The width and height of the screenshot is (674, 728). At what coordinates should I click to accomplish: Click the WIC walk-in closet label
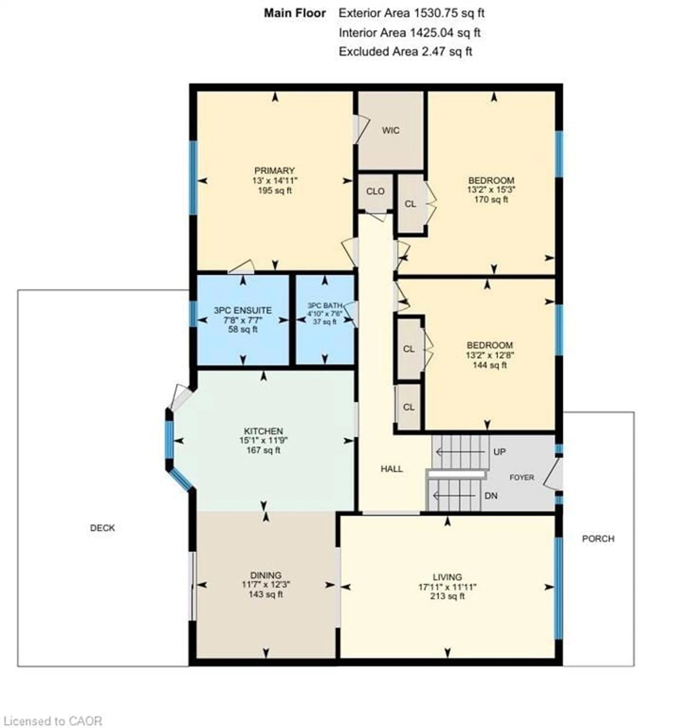tap(391, 131)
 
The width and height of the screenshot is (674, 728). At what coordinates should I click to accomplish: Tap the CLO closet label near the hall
tap(375, 191)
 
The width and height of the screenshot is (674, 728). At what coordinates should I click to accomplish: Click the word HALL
tap(392, 469)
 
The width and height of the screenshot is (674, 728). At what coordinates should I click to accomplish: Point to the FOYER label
tap(521, 477)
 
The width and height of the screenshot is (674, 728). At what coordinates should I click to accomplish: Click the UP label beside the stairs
tap(499, 452)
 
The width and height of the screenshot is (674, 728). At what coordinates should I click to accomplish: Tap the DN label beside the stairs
tap(491, 496)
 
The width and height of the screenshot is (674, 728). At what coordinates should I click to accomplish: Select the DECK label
tap(103, 528)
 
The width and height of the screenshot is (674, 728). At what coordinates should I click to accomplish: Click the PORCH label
tap(598, 539)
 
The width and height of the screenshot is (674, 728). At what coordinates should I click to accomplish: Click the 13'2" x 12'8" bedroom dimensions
tap(490, 355)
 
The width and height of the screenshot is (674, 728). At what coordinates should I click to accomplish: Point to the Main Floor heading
tap(295, 13)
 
